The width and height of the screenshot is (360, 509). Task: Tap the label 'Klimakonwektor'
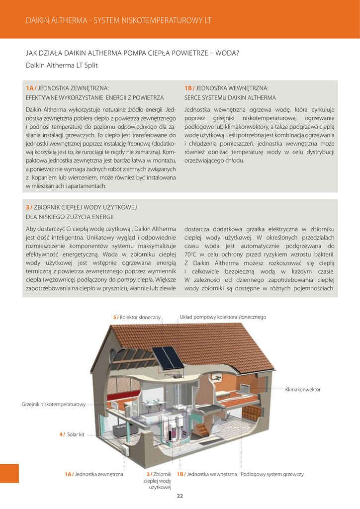[303, 389]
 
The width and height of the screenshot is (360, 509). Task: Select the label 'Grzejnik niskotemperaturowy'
[54, 405]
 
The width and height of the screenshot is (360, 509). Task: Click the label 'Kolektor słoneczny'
[137, 317]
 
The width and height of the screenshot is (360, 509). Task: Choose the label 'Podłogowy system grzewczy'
[272, 474]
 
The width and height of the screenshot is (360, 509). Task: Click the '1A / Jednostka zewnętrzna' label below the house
[94, 474]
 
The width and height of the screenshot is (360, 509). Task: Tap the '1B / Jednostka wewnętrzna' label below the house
[207, 474]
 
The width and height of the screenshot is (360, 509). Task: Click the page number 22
[180, 496]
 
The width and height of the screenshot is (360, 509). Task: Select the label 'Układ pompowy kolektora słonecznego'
[223, 317]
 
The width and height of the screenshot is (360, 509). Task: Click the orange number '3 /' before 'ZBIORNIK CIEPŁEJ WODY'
[29, 207]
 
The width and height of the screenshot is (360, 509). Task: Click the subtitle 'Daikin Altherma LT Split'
[62, 65]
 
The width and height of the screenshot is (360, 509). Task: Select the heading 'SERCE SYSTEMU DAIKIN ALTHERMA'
[230, 98]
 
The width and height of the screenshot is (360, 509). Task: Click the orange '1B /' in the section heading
[189, 88]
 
